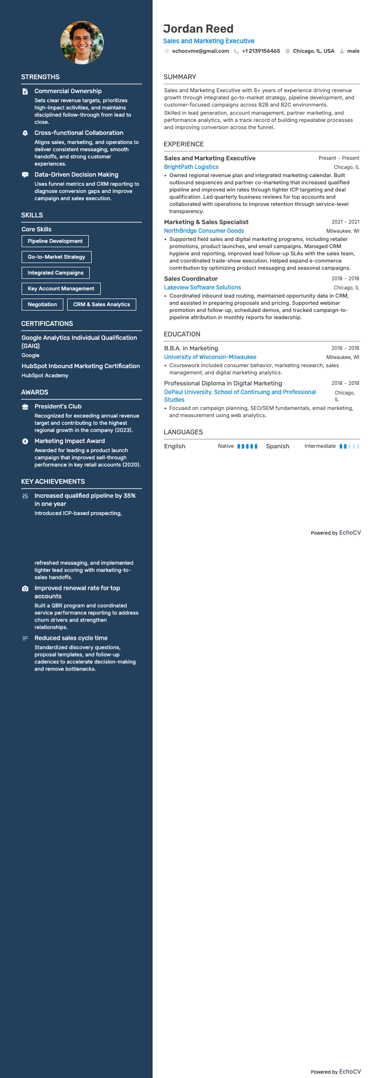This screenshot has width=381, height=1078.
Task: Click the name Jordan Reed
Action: [x=198, y=29]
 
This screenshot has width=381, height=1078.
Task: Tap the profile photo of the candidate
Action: [x=82, y=43]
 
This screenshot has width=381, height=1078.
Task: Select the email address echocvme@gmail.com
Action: [x=200, y=51]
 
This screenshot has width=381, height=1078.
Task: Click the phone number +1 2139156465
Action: [x=261, y=51]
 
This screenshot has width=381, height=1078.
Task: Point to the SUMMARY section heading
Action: [x=180, y=77]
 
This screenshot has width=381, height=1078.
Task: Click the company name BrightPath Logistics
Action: [x=191, y=167]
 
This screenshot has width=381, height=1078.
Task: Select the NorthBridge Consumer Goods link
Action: [x=204, y=231]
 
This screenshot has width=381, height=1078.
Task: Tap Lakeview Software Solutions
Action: [x=202, y=287]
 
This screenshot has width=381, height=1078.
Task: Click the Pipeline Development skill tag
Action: [x=55, y=241]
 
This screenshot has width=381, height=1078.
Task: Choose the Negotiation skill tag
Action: [x=42, y=304]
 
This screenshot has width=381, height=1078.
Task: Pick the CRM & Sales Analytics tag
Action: [x=102, y=304]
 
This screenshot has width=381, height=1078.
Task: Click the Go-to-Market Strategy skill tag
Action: [x=57, y=257]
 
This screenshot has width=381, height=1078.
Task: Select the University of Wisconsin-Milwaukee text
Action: [x=210, y=357]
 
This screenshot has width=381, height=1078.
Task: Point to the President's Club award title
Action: [x=58, y=406]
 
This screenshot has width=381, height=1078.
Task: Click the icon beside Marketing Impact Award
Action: [x=25, y=441]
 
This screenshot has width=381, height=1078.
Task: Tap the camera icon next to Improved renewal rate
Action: [x=25, y=588]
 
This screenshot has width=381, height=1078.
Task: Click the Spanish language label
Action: [x=277, y=446]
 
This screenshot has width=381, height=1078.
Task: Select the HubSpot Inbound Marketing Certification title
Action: [x=81, y=366]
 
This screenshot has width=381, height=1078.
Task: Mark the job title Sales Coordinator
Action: [x=191, y=278]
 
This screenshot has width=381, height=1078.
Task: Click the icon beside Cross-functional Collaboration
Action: [x=25, y=133]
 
